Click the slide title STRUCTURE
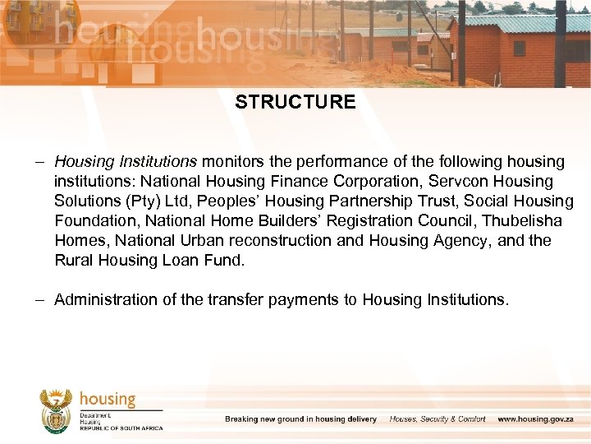(295, 103)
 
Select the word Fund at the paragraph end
(227, 260)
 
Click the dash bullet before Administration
(41, 300)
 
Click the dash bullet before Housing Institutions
(41, 161)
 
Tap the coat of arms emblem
(57, 410)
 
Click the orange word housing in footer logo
(108, 400)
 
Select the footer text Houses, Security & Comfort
(438, 419)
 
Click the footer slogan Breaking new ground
(300, 419)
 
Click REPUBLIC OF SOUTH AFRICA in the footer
(121, 428)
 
